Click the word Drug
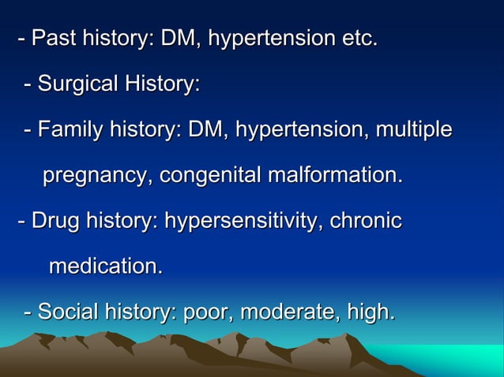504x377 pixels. click(x=53, y=221)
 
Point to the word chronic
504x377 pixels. click(x=366, y=221)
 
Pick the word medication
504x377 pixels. click(x=105, y=267)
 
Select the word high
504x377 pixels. click(x=371, y=312)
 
